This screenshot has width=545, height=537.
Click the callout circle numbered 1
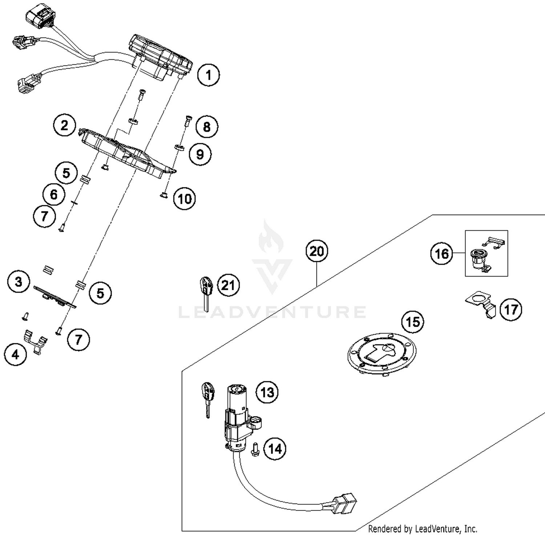(208, 75)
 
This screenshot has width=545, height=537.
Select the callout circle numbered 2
(64, 126)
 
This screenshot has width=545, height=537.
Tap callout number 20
(316, 251)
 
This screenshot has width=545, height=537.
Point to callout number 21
(228, 285)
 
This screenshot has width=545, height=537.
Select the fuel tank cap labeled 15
(381, 354)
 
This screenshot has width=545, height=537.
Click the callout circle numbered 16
(442, 254)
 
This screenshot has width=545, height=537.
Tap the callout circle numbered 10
(185, 199)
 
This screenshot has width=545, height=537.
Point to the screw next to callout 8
(187, 121)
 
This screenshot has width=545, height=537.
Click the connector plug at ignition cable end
(345, 502)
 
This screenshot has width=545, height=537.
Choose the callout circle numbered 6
(53, 195)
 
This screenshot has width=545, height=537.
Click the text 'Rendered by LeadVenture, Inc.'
(422, 529)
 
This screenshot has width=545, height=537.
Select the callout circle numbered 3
(19, 282)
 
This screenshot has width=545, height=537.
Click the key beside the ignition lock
(208, 398)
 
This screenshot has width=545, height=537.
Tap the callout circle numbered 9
(200, 154)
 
